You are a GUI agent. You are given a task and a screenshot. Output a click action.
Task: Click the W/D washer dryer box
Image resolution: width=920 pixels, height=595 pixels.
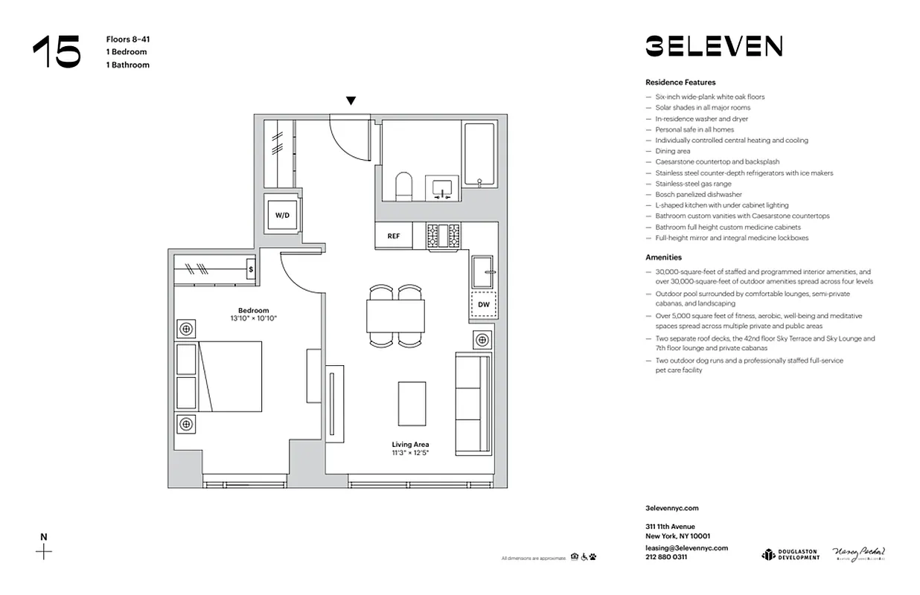(282, 215)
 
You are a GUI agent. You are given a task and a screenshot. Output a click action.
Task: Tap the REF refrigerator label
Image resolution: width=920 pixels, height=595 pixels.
(394, 236)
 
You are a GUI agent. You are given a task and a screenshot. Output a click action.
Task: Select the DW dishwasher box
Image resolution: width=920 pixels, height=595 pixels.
(484, 304)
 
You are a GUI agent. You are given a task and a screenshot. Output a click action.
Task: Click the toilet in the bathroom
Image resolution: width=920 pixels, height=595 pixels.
(403, 186)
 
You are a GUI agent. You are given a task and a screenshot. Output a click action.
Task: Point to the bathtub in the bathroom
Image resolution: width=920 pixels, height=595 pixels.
(479, 154)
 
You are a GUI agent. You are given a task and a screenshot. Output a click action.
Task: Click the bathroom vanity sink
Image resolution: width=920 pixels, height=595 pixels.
(442, 188)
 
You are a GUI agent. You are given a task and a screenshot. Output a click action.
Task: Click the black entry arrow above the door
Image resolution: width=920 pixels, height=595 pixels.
(351, 101)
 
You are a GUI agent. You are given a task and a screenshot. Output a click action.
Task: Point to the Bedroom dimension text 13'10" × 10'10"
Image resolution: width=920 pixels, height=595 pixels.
(254, 318)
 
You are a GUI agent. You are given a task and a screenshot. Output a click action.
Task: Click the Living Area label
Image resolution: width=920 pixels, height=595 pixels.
(411, 445)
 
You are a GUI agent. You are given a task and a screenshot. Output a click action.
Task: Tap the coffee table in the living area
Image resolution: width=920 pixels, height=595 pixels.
(412, 403)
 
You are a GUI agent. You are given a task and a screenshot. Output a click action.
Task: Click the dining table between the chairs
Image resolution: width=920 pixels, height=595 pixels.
(395, 316)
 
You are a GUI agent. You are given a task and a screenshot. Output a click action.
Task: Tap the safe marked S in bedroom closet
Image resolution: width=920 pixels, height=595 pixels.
(251, 269)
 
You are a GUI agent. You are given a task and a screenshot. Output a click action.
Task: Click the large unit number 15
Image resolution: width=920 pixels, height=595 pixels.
(57, 52)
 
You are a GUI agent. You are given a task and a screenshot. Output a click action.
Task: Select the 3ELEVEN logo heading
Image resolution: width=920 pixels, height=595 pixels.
(713, 46)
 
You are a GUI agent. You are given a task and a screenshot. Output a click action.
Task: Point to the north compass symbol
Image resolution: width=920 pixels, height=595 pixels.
(45, 550)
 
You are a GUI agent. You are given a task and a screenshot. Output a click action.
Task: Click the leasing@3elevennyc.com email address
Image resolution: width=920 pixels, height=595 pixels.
(686, 547)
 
